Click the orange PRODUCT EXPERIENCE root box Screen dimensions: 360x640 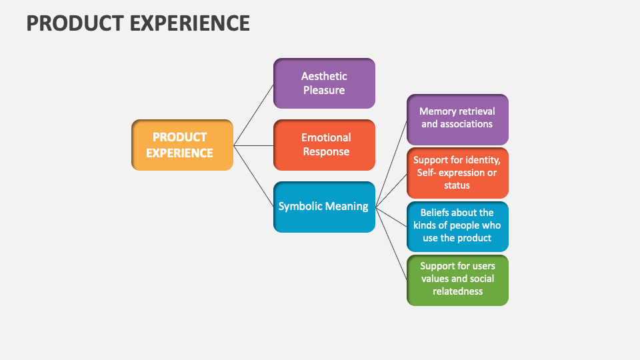pos(182,145)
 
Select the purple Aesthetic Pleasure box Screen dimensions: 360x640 pos(324,83)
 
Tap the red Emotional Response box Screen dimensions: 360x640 pos(324,145)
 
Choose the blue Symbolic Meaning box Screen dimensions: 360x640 pos(324,207)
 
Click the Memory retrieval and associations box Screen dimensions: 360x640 pos(457,119)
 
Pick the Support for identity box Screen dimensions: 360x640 pos(457,173)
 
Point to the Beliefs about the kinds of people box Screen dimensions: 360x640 pos(457,226)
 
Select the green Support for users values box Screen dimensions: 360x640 pos(457,279)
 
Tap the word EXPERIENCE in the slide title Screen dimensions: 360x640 pos(189,23)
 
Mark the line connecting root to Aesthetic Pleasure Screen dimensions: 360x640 pos(253,115)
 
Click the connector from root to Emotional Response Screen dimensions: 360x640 pos(253,145)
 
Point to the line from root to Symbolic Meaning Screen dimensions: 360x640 pos(253,175)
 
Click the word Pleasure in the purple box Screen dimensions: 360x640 pos(324,90)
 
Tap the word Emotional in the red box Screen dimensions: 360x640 pos(326,137)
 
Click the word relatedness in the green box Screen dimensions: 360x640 pos(457,291)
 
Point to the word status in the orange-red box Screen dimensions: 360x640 pos(457,185)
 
